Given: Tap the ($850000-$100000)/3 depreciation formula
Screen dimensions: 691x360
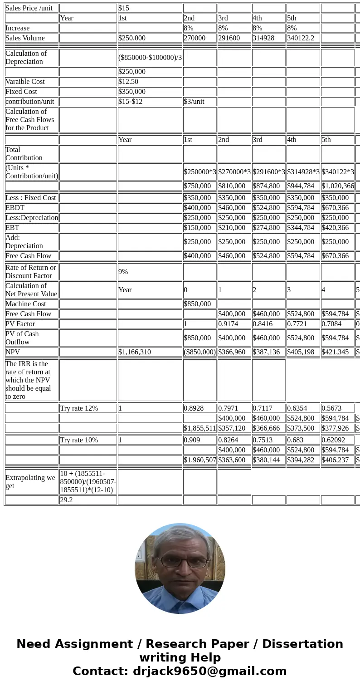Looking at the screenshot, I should point(150,58).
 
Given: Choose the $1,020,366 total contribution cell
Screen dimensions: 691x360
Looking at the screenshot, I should point(337,186).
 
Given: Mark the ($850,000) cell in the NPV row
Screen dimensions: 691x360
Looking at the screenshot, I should point(199,352).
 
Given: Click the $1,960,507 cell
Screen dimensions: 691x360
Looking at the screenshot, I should point(199,460).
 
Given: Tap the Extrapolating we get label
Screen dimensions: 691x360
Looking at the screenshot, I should point(30,481).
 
